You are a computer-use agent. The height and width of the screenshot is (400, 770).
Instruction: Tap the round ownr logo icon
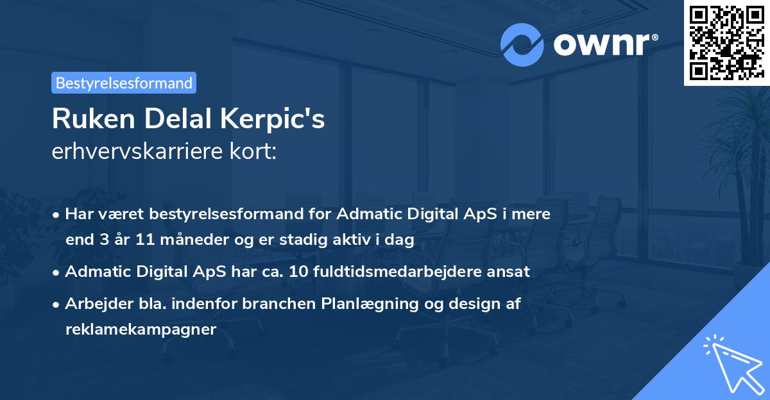522,45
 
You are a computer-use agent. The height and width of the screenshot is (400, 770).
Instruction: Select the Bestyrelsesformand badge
124,83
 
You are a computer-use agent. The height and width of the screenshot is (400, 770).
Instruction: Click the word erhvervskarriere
128,152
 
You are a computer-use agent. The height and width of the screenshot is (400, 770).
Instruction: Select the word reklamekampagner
141,329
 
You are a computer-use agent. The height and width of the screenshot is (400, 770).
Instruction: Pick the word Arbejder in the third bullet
92,304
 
